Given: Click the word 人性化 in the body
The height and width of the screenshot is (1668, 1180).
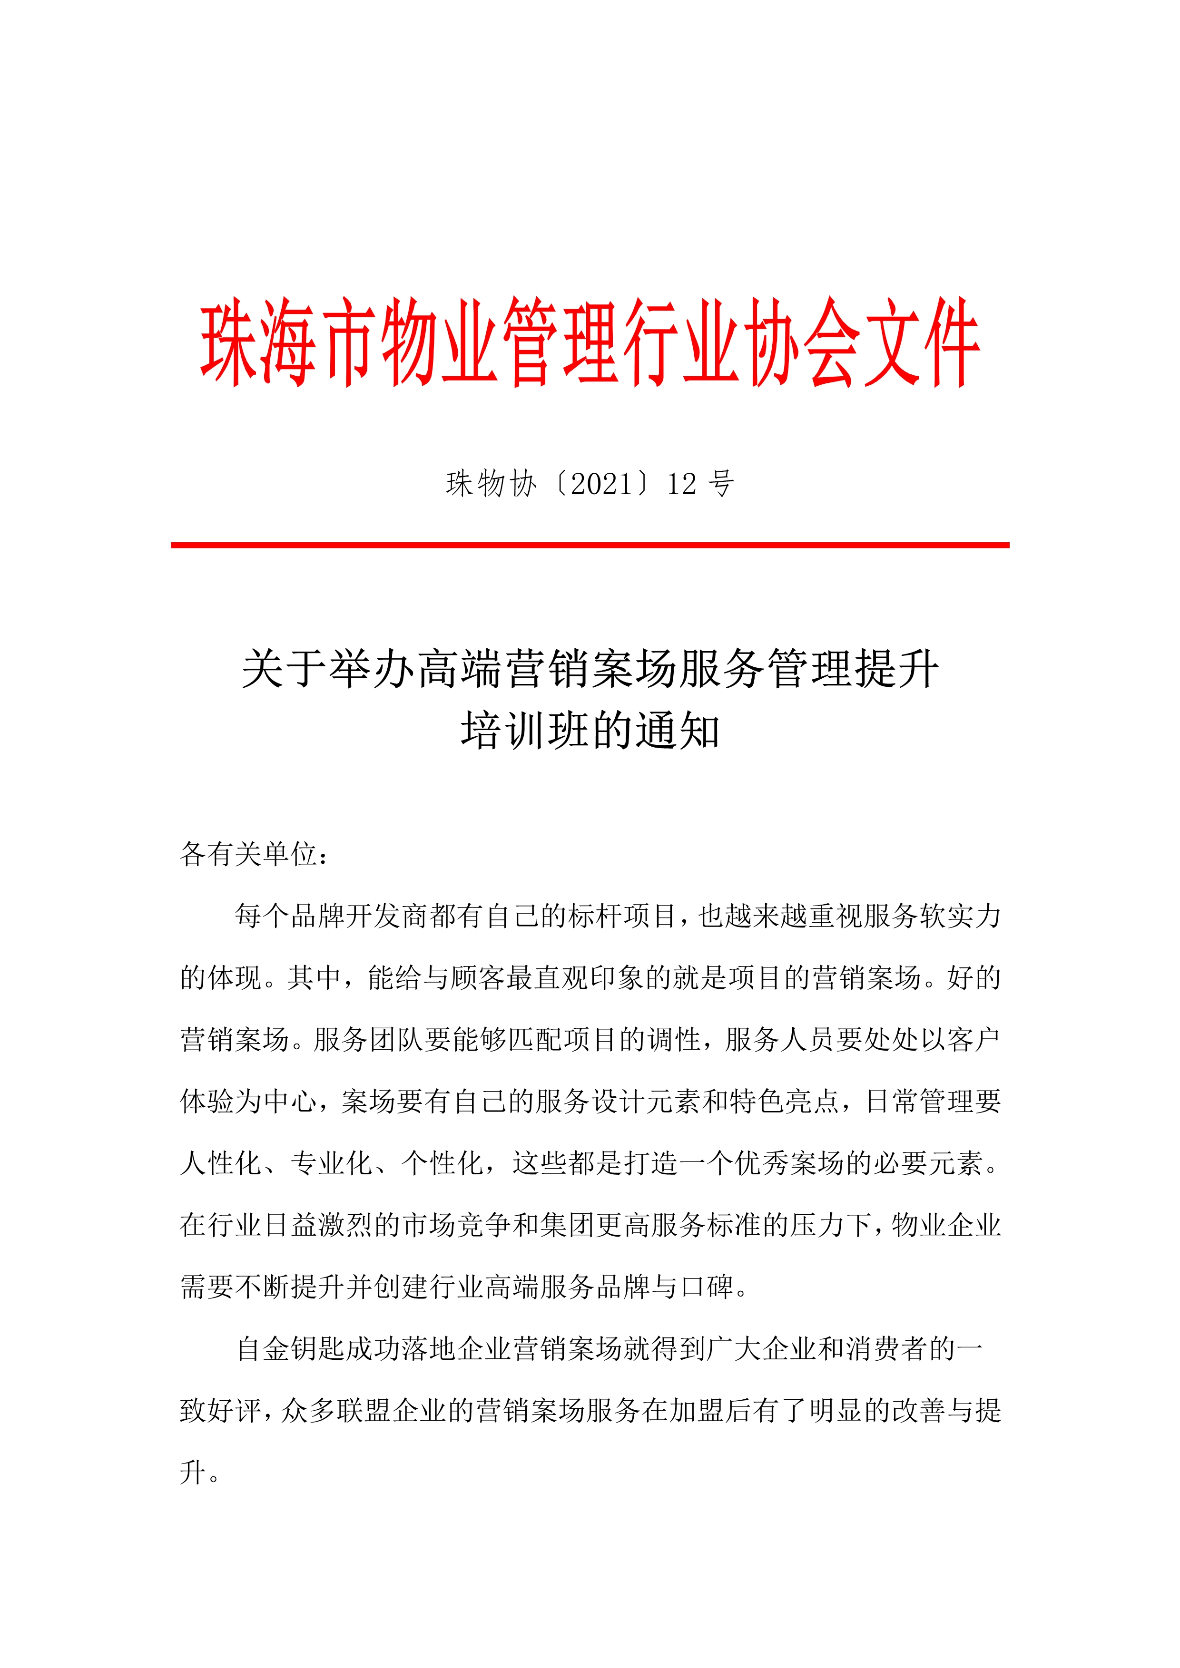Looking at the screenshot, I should coord(221,1163).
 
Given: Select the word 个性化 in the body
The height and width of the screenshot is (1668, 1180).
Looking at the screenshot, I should coord(442,1163).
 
